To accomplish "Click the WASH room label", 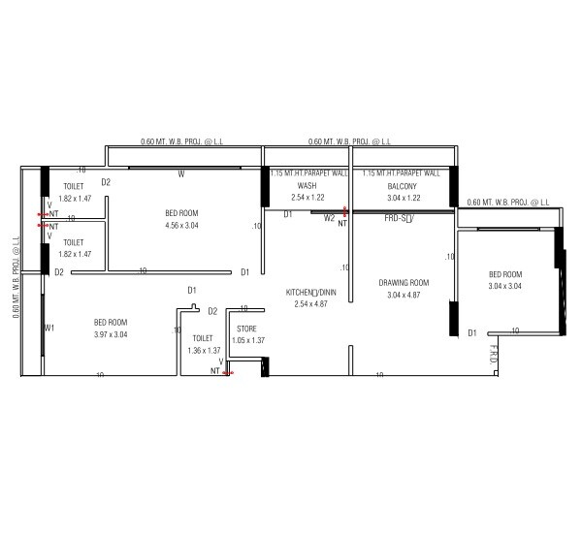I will pos(307,185).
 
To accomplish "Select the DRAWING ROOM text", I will pos(404,283).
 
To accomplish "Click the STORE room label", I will pos(246,329).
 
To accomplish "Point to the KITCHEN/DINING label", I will pos(310,292).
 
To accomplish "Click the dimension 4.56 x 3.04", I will pos(181,225).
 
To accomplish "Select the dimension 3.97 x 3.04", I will pos(111,334).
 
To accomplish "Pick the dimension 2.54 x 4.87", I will pos(310,303).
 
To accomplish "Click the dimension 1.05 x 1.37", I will pos(248,341).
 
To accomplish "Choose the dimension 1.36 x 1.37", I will pos(203,350).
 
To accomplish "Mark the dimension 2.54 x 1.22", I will pos(307,197).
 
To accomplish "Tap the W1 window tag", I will pos(48,329).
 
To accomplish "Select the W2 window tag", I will pos(329,218).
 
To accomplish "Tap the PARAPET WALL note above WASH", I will pos(308,173).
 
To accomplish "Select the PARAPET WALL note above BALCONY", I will pos(401,173).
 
